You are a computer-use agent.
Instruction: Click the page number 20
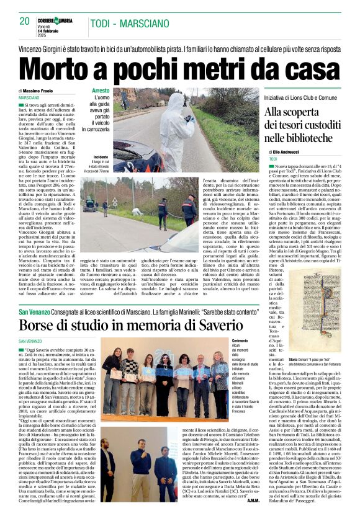tap(25, 21)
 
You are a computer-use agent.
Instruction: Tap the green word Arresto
tap(101, 91)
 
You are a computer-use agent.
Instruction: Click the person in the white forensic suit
tap(175, 127)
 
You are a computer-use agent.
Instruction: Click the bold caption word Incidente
tap(102, 158)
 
